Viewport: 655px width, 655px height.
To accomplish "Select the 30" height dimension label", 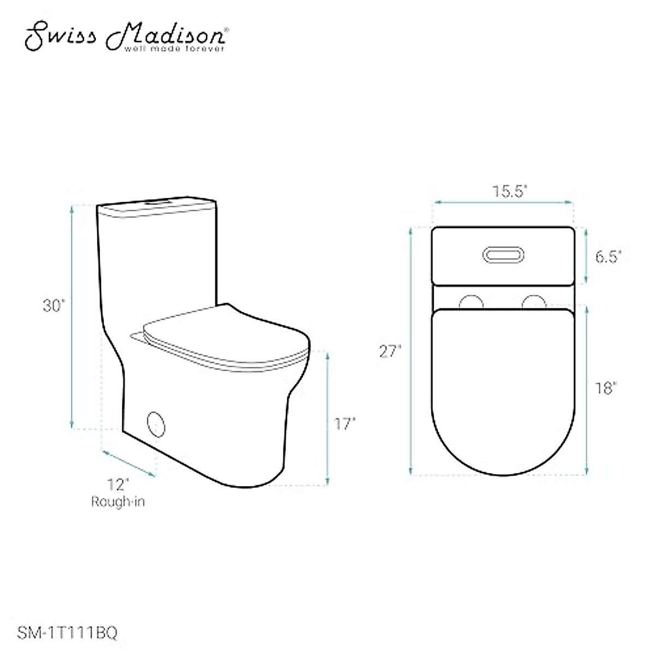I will tap(54, 307).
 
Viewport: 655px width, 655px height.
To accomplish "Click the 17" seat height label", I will tap(345, 424).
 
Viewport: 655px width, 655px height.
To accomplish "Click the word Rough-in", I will tap(118, 502).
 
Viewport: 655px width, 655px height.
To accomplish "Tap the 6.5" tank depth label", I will tap(608, 257).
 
